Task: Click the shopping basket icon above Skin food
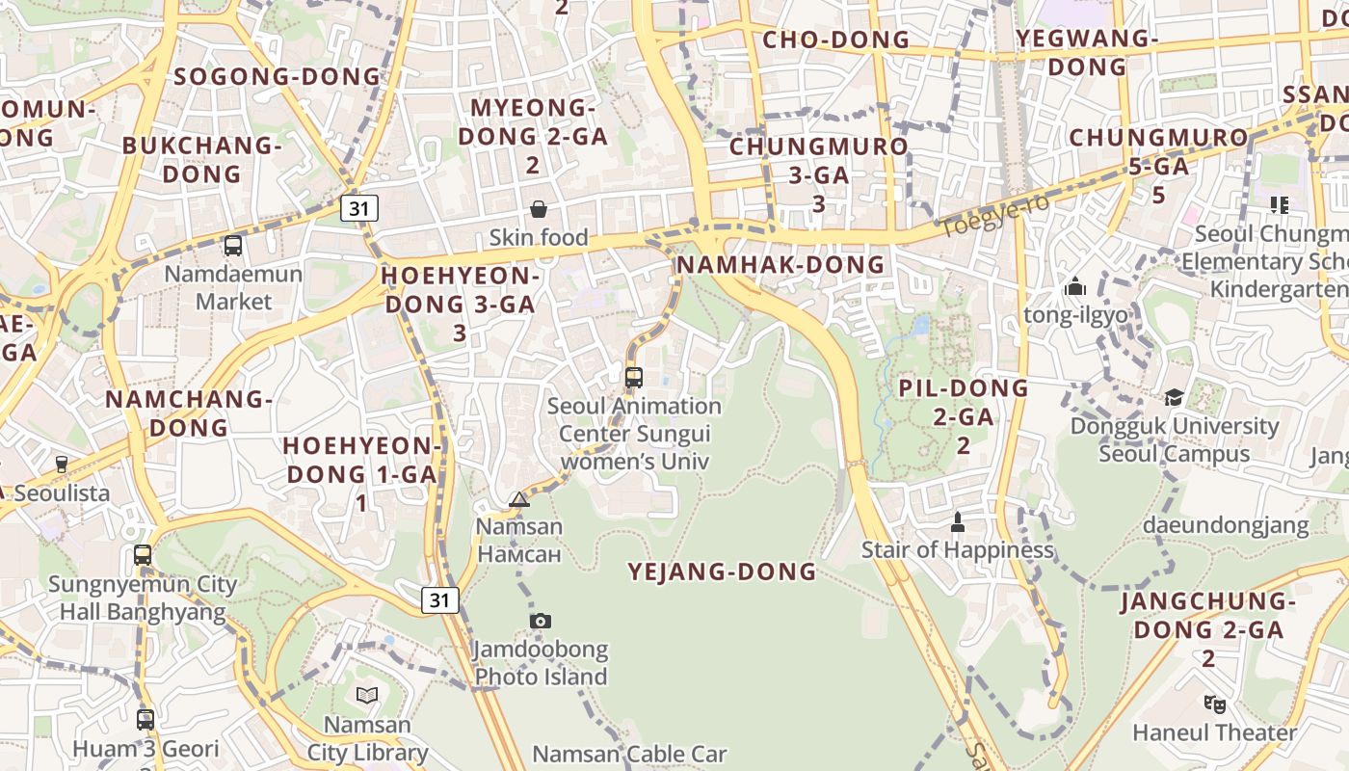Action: click(x=539, y=209)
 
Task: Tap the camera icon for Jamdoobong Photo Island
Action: click(x=541, y=621)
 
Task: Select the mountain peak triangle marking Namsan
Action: click(x=519, y=499)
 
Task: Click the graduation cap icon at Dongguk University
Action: click(x=1174, y=397)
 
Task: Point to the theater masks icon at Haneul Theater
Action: click(x=1214, y=705)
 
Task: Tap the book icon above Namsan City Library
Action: click(x=367, y=695)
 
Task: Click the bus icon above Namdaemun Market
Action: click(x=233, y=246)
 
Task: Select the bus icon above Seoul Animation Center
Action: click(x=633, y=378)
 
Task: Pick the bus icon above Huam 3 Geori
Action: click(x=145, y=719)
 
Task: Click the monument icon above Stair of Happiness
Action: click(x=957, y=521)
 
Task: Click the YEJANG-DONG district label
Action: click(x=722, y=572)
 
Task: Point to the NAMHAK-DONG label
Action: click(x=780, y=264)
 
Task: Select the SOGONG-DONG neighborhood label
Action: click(x=278, y=76)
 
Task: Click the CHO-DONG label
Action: click(x=835, y=40)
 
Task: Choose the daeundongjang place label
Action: click(x=1226, y=525)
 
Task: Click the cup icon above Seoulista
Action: click(x=62, y=465)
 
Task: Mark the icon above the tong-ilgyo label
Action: click(x=1075, y=286)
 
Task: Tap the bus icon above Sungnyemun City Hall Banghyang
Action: click(x=143, y=555)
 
